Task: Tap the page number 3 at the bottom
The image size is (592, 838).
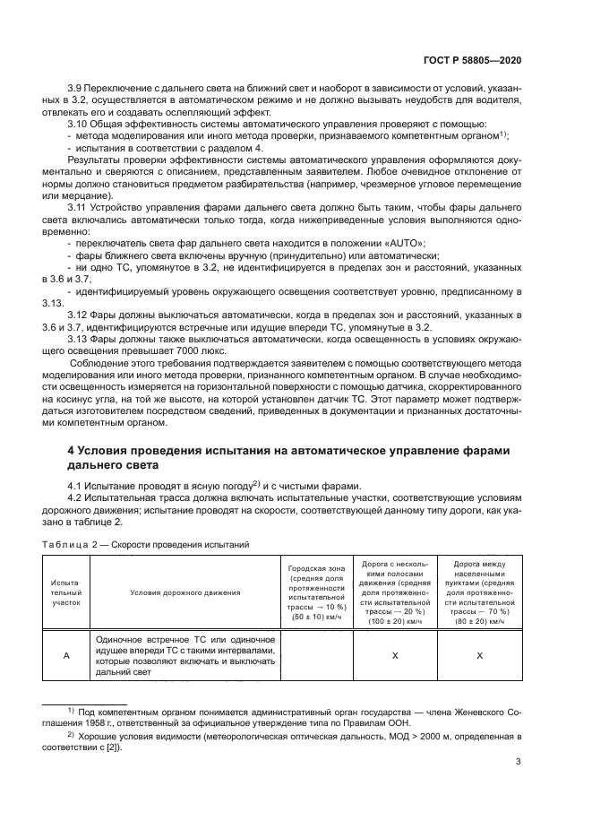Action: click(519, 764)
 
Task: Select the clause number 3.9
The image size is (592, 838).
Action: click(78, 92)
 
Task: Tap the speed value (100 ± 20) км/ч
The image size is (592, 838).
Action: click(395, 620)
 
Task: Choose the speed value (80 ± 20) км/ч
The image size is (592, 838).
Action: click(478, 620)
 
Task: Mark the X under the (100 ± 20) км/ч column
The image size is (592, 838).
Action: click(395, 655)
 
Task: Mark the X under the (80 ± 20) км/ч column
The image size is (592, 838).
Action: click(478, 655)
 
